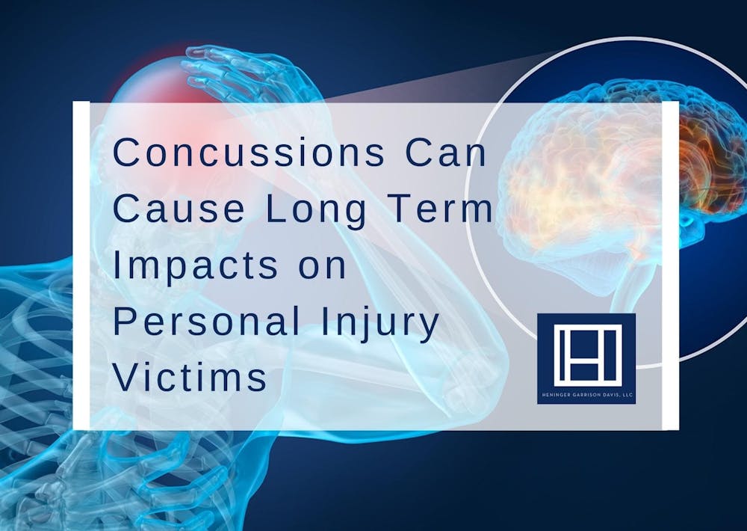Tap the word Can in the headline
point(446,154)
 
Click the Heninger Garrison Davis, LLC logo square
point(586,358)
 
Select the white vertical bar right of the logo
point(671,265)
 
